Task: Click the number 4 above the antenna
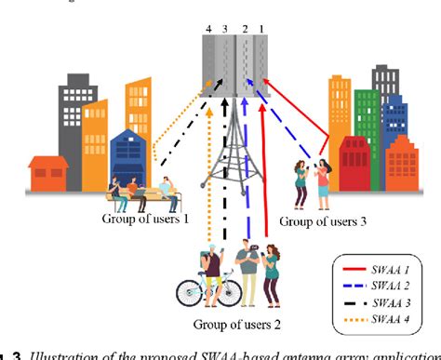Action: [209, 31]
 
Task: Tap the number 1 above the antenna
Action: [262, 31]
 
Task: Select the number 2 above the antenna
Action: [246, 31]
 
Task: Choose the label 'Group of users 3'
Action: [322, 222]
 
